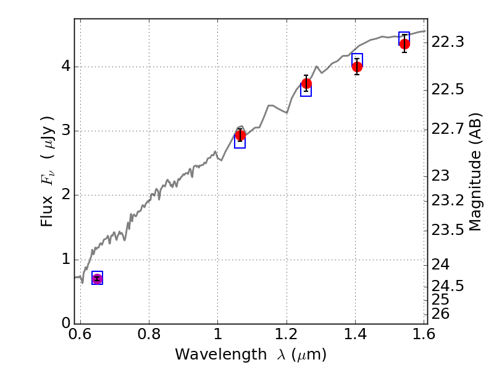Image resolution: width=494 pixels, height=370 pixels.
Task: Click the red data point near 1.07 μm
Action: (240, 136)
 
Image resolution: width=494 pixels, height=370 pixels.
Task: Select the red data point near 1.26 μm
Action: (306, 83)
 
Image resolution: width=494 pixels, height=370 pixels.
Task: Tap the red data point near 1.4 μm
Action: (357, 67)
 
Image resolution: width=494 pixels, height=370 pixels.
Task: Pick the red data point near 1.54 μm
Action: (404, 44)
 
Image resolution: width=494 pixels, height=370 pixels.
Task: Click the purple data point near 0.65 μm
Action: (97, 279)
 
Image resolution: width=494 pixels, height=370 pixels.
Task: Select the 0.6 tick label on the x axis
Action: (80, 336)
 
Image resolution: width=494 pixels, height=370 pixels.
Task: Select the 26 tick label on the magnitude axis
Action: (443, 314)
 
